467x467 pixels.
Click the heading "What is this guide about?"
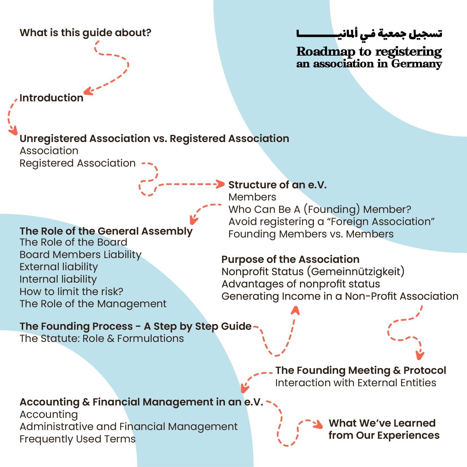(86, 33)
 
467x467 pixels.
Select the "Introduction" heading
(51, 98)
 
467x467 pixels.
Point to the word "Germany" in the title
(416, 64)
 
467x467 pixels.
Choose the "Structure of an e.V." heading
(278, 185)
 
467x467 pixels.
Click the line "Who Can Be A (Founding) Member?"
(320, 210)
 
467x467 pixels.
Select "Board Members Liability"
(80, 255)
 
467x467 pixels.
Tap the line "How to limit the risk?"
(71, 291)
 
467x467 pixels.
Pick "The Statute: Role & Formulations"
(102, 339)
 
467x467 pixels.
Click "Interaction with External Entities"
(356, 383)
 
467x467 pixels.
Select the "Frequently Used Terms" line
(78, 439)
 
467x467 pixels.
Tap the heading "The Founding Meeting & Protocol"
(361, 370)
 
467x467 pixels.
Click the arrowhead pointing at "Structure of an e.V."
(221, 184)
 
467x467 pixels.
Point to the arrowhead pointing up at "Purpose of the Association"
(295, 310)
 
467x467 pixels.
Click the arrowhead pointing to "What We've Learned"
(319, 424)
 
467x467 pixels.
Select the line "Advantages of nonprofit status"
(301, 284)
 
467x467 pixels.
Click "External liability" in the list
(59, 267)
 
